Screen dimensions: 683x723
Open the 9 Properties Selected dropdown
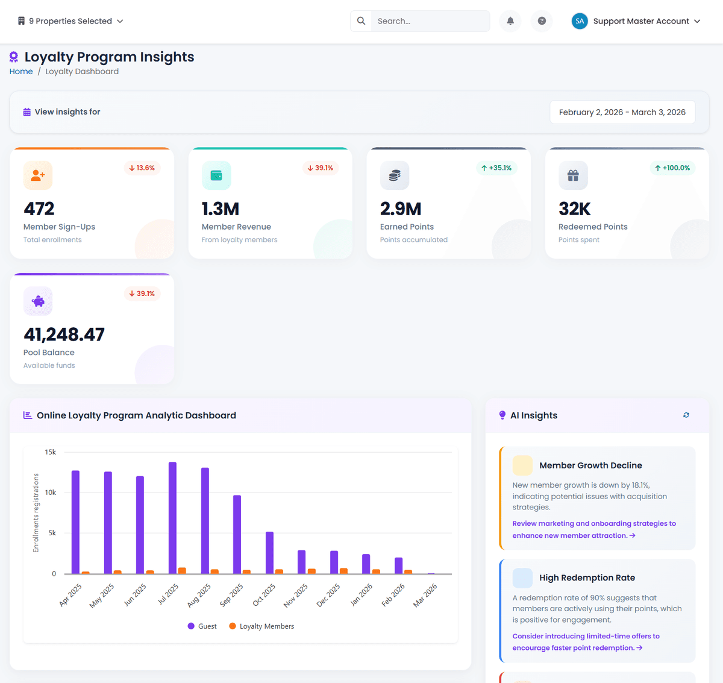click(x=70, y=21)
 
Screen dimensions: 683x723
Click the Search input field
click(x=430, y=21)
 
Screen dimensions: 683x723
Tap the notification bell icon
click(x=510, y=21)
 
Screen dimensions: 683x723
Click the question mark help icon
click(x=542, y=21)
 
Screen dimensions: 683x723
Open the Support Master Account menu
click(x=636, y=21)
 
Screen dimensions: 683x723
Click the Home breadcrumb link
click(x=21, y=71)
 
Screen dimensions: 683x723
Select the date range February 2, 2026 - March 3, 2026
click(x=622, y=112)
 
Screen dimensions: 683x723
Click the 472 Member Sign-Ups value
click(x=39, y=209)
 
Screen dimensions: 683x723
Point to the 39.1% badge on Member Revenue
click(x=320, y=168)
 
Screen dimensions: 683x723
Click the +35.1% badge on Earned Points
click(x=496, y=168)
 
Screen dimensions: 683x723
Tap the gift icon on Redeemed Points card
click(x=573, y=175)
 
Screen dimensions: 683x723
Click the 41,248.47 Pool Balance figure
click(x=64, y=335)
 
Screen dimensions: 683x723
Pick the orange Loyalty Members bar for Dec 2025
click(x=343, y=570)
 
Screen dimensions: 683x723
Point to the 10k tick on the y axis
click(x=51, y=493)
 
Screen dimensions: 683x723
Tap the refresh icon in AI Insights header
click(x=686, y=415)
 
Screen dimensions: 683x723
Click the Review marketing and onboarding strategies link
click(x=594, y=529)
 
